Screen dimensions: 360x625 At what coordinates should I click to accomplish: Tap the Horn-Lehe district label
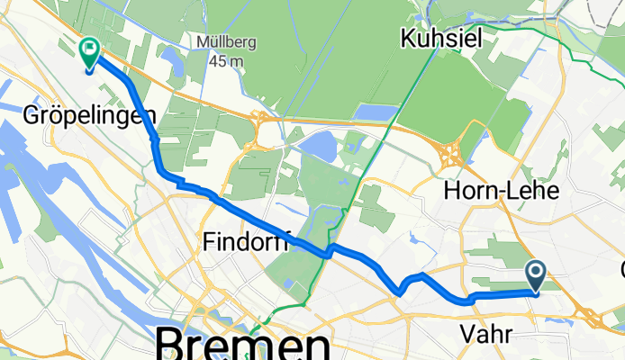click(503, 190)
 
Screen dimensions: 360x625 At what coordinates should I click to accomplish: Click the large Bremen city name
click(244, 346)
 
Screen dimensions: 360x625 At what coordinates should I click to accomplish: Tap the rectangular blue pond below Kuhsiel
click(376, 112)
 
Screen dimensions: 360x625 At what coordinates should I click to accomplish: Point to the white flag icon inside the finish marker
click(90, 49)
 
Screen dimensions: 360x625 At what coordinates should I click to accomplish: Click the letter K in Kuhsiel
click(410, 38)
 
